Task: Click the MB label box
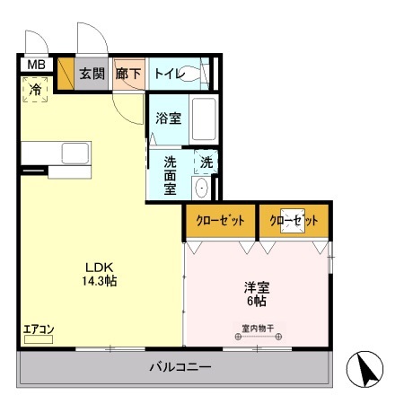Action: (35, 65)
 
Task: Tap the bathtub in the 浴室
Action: (204, 120)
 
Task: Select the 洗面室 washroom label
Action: (170, 176)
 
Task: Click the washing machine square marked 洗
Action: (206, 162)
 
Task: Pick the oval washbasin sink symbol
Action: (202, 188)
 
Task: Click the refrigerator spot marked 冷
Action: (35, 90)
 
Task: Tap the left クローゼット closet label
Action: (220, 221)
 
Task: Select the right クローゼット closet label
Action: (294, 221)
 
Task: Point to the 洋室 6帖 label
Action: (258, 294)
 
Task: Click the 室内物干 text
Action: (259, 328)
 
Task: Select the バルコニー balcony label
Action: (180, 367)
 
